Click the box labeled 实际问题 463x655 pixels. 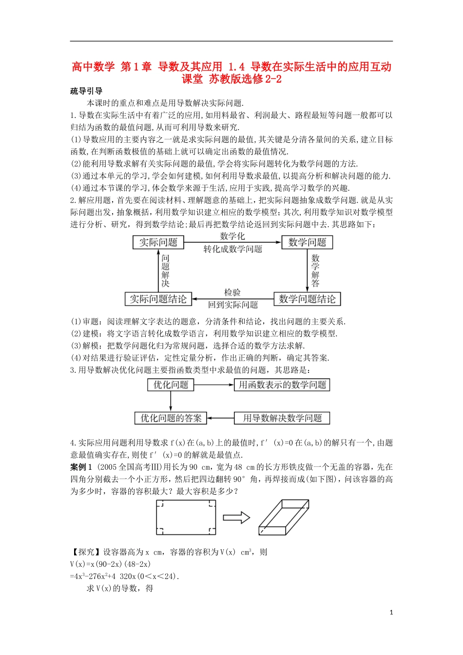tap(158, 242)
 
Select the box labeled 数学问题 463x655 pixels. tap(307, 242)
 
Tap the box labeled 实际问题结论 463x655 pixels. tap(158, 299)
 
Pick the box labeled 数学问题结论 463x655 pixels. tap(307, 299)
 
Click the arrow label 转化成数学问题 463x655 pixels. tap(232, 249)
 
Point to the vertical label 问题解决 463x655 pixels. tap(166, 271)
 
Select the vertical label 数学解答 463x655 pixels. tap(315, 271)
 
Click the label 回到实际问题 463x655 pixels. tap(232, 305)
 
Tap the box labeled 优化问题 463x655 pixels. tap(171, 385)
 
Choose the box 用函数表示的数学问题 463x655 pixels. tap(282, 385)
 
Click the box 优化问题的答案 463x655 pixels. tap(171, 418)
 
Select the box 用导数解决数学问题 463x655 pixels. tap(282, 418)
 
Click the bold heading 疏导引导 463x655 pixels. tap(86, 91)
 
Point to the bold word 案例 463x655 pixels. tap(78, 467)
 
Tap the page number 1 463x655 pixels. tap(391, 613)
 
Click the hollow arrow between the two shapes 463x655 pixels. tap(236, 518)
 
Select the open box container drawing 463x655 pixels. tap(284, 517)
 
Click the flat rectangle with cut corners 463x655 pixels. tap(186, 518)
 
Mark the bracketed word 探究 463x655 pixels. tap(86, 552)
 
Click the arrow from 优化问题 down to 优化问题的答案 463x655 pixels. tap(171, 401)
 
